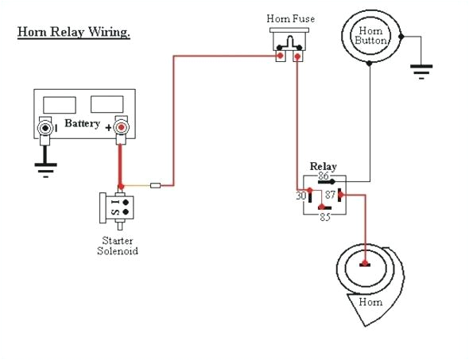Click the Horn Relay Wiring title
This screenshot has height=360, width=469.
pyautogui.click(x=74, y=33)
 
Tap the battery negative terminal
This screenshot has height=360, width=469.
pyautogui.click(x=46, y=127)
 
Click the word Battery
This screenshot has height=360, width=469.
pyautogui.click(x=83, y=124)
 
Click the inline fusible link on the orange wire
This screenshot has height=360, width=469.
pyautogui.click(x=157, y=186)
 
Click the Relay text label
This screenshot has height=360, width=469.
pyautogui.click(x=323, y=166)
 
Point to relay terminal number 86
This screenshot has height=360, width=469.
pyautogui.click(x=323, y=176)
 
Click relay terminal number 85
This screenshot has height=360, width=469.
pyautogui.click(x=323, y=215)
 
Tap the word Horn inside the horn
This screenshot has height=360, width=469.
pyautogui.click(x=370, y=302)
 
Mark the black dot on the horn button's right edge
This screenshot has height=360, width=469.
pyautogui.click(x=402, y=37)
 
